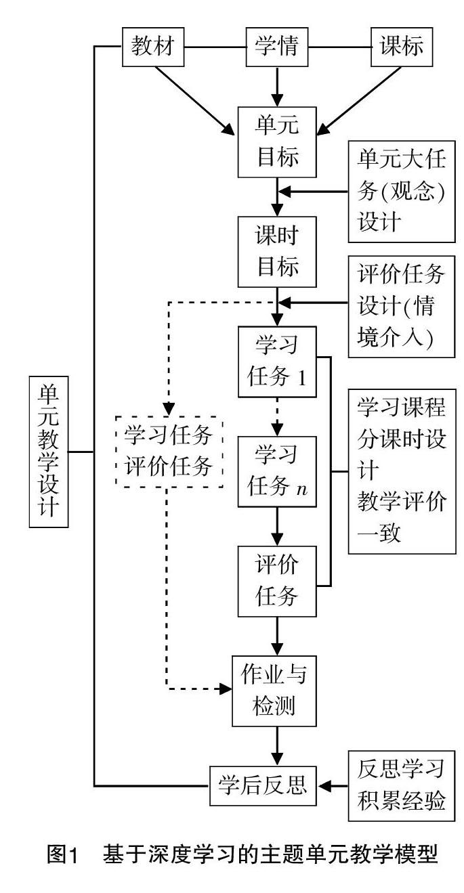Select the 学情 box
click(278, 47)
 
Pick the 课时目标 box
click(278, 251)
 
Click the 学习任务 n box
click(278, 471)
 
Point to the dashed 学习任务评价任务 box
click(169, 450)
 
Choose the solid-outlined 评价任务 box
click(278, 581)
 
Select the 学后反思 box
click(263, 786)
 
